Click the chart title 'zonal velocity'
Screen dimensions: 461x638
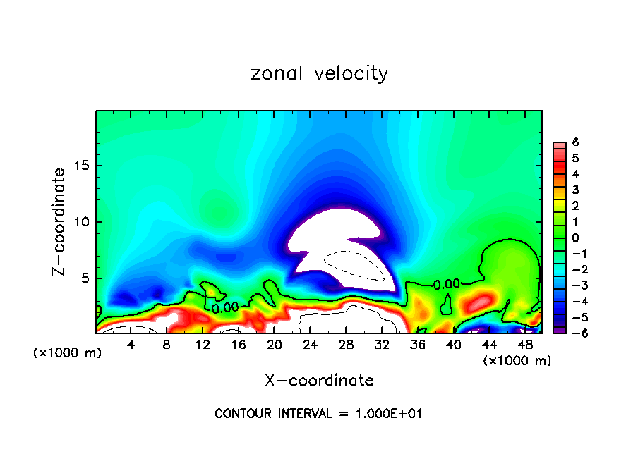click(319, 73)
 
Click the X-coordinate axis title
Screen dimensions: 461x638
click(319, 381)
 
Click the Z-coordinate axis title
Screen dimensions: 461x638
click(61, 221)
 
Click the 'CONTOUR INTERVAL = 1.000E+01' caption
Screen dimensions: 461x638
click(319, 414)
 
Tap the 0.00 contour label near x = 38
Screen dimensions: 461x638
click(446, 284)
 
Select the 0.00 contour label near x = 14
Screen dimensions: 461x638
click(225, 307)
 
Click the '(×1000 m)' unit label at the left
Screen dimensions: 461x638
click(68, 352)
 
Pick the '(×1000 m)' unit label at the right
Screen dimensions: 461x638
click(517, 361)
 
